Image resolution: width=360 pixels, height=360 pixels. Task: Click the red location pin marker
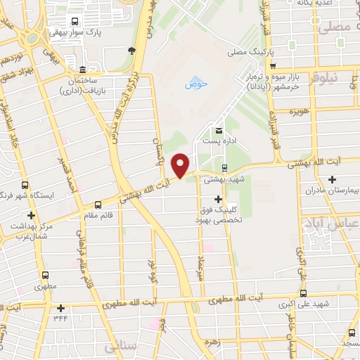click(x=181, y=165)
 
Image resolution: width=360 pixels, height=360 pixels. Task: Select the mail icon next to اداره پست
click(x=219, y=130)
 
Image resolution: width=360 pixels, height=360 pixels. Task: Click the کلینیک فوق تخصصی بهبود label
click(x=218, y=214)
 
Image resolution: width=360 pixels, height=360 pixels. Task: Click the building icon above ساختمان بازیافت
click(x=83, y=70)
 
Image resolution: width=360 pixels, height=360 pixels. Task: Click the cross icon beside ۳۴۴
click(x=61, y=307)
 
